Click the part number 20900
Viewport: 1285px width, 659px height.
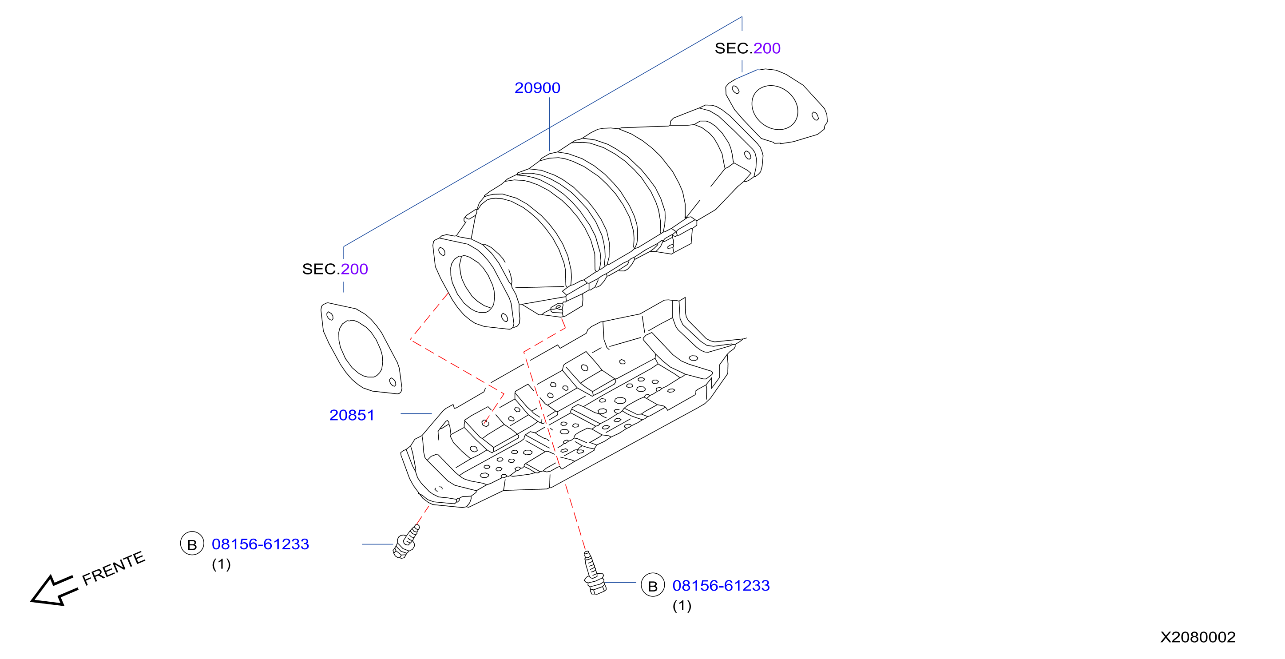pyautogui.click(x=537, y=88)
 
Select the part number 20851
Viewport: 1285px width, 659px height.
pyautogui.click(x=352, y=415)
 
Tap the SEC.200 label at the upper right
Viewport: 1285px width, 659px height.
pyautogui.click(x=747, y=48)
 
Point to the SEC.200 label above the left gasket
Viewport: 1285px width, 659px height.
pyautogui.click(x=335, y=269)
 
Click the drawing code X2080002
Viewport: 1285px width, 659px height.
pyautogui.click(x=1198, y=637)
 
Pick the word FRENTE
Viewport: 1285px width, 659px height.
pyautogui.click(x=114, y=568)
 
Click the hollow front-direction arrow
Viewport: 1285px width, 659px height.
pyautogui.click(x=54, y=591)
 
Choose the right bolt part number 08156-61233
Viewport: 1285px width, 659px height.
pyautogui.click(x=721, y=585)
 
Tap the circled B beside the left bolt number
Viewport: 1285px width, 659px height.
pyautogui.click(x=192, y=544)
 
